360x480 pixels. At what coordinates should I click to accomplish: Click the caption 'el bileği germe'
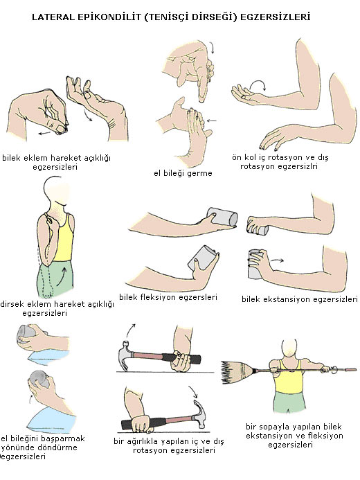point(183,174)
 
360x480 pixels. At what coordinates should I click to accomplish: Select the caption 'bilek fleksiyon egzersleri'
point(168,297)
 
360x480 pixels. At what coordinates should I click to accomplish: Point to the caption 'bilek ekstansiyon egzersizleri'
point(300,299)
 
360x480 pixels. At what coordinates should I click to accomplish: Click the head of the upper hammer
point(125,355)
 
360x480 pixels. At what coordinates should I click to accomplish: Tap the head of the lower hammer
point(200,414)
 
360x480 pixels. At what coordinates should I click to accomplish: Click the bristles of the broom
point(235,372)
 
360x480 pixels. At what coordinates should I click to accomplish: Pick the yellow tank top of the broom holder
point(289,378)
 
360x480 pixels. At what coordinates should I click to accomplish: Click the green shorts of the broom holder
point(289,402)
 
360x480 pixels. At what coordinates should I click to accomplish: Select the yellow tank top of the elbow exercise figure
point(64,238)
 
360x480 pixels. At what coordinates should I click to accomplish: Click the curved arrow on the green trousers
point(62,276)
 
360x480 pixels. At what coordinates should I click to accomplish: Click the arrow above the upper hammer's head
point(130,330)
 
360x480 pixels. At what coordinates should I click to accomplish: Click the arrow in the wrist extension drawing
point(278,260)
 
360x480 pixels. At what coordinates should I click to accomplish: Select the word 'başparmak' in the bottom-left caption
point(64,438)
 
